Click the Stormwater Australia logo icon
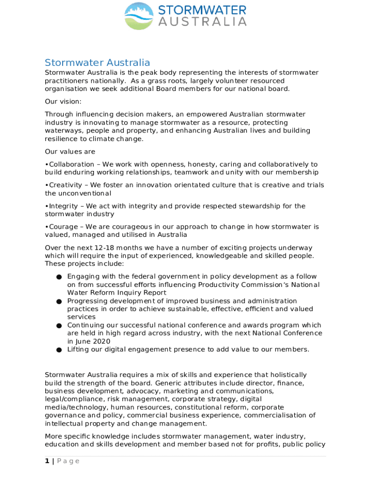point(139,15)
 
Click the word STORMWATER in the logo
point(202,10)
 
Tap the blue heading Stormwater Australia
point(97,63)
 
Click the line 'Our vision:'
point(63,102)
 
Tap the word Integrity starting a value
point(65,206)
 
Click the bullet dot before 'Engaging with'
point(58,277)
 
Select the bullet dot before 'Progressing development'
point(58,302)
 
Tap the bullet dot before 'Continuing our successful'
point(58,326)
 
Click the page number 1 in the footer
point(47,461)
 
